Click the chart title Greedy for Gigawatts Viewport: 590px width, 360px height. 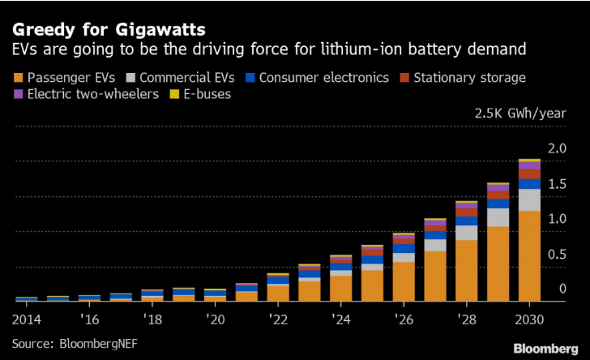pos(108,30)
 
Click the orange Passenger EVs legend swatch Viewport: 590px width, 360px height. pos(18,78)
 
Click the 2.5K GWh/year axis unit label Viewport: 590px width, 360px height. pos(520,113)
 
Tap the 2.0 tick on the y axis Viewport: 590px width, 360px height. pos(557,149)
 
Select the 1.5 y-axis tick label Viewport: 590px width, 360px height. pos(557,184)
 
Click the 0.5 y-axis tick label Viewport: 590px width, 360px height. pos(557,255)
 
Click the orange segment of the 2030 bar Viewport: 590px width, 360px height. pos(529,255)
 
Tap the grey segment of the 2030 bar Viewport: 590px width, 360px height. pos(529,199)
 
